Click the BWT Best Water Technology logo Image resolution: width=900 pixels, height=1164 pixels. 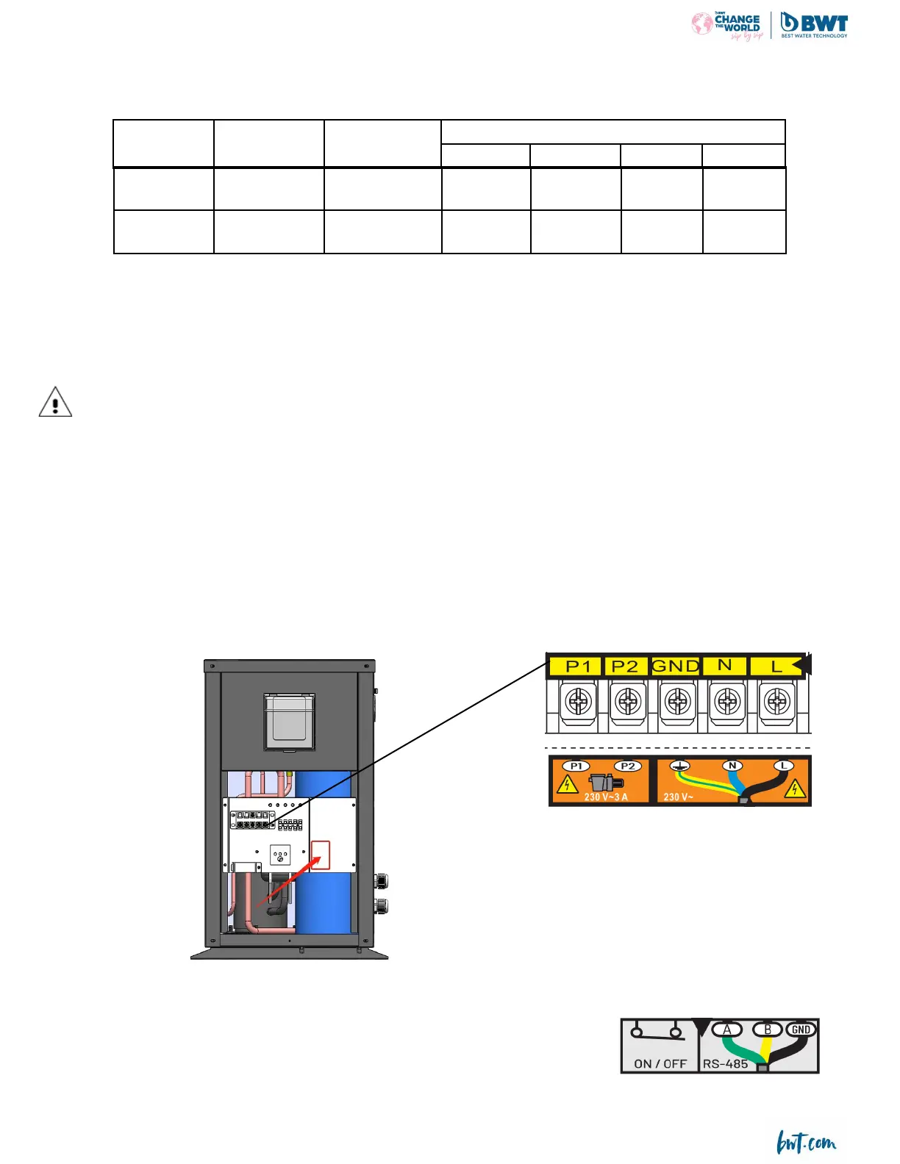[813, 25]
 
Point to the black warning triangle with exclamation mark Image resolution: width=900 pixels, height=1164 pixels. [55, 402]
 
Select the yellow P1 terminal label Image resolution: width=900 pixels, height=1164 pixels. [578, 667]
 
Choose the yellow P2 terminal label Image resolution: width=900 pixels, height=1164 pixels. [625, 667]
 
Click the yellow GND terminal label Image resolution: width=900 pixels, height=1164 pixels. [675, 667]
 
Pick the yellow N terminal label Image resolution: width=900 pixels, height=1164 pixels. [725, 665]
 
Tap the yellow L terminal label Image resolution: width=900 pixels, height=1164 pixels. [776, 667]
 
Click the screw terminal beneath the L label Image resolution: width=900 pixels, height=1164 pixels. [776, 702]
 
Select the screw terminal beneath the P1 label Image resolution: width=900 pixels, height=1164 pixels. [579, 702]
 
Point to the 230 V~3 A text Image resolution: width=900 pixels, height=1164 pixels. [606, 797]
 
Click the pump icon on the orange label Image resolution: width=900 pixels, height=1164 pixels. [606, 782]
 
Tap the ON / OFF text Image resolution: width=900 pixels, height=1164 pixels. [660, 1063]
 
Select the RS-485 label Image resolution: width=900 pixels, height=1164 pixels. [725, 1063]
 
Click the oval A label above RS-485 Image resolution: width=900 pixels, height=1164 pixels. [727, 1030]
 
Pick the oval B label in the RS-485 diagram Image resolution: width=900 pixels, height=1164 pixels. [768, 1030]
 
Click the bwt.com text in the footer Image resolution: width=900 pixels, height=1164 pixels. [807, 1143]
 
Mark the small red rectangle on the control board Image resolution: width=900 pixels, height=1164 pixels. [321, 855]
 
